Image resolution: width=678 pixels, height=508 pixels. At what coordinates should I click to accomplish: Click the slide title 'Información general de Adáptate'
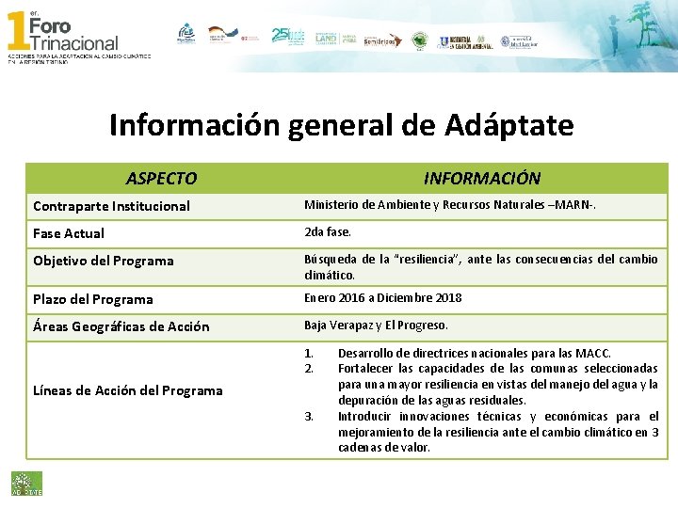(341, 125)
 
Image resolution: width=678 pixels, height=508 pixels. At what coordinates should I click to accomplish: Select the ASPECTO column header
(162, 178)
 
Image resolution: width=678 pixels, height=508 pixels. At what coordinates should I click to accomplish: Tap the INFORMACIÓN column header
(482, 178)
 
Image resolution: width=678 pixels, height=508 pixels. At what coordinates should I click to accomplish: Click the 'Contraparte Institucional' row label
(111, 206)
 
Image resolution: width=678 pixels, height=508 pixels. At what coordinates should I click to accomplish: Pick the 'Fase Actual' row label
(69, 233)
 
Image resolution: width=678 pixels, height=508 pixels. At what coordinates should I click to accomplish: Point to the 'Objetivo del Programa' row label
(104, 261)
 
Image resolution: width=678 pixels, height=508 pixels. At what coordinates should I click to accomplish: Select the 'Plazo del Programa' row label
(93, 299)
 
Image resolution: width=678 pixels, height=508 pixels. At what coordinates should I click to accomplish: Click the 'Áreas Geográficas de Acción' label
(121, 326)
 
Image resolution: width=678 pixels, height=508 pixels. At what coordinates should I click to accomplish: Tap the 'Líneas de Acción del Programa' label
(128, 390)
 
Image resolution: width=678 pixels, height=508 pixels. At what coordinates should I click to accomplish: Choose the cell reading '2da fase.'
(327, 232)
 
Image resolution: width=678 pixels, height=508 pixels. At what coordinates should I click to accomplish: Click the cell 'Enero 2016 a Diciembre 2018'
(382, 298)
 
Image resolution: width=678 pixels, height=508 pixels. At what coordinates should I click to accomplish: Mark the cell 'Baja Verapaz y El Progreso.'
(376, 325)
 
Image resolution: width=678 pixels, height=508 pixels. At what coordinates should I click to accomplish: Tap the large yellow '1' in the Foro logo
(17, 31)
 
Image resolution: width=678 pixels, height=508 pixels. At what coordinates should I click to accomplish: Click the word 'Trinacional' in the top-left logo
(74, 42)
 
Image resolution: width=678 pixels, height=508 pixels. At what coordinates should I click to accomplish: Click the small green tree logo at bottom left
(20, 482)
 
